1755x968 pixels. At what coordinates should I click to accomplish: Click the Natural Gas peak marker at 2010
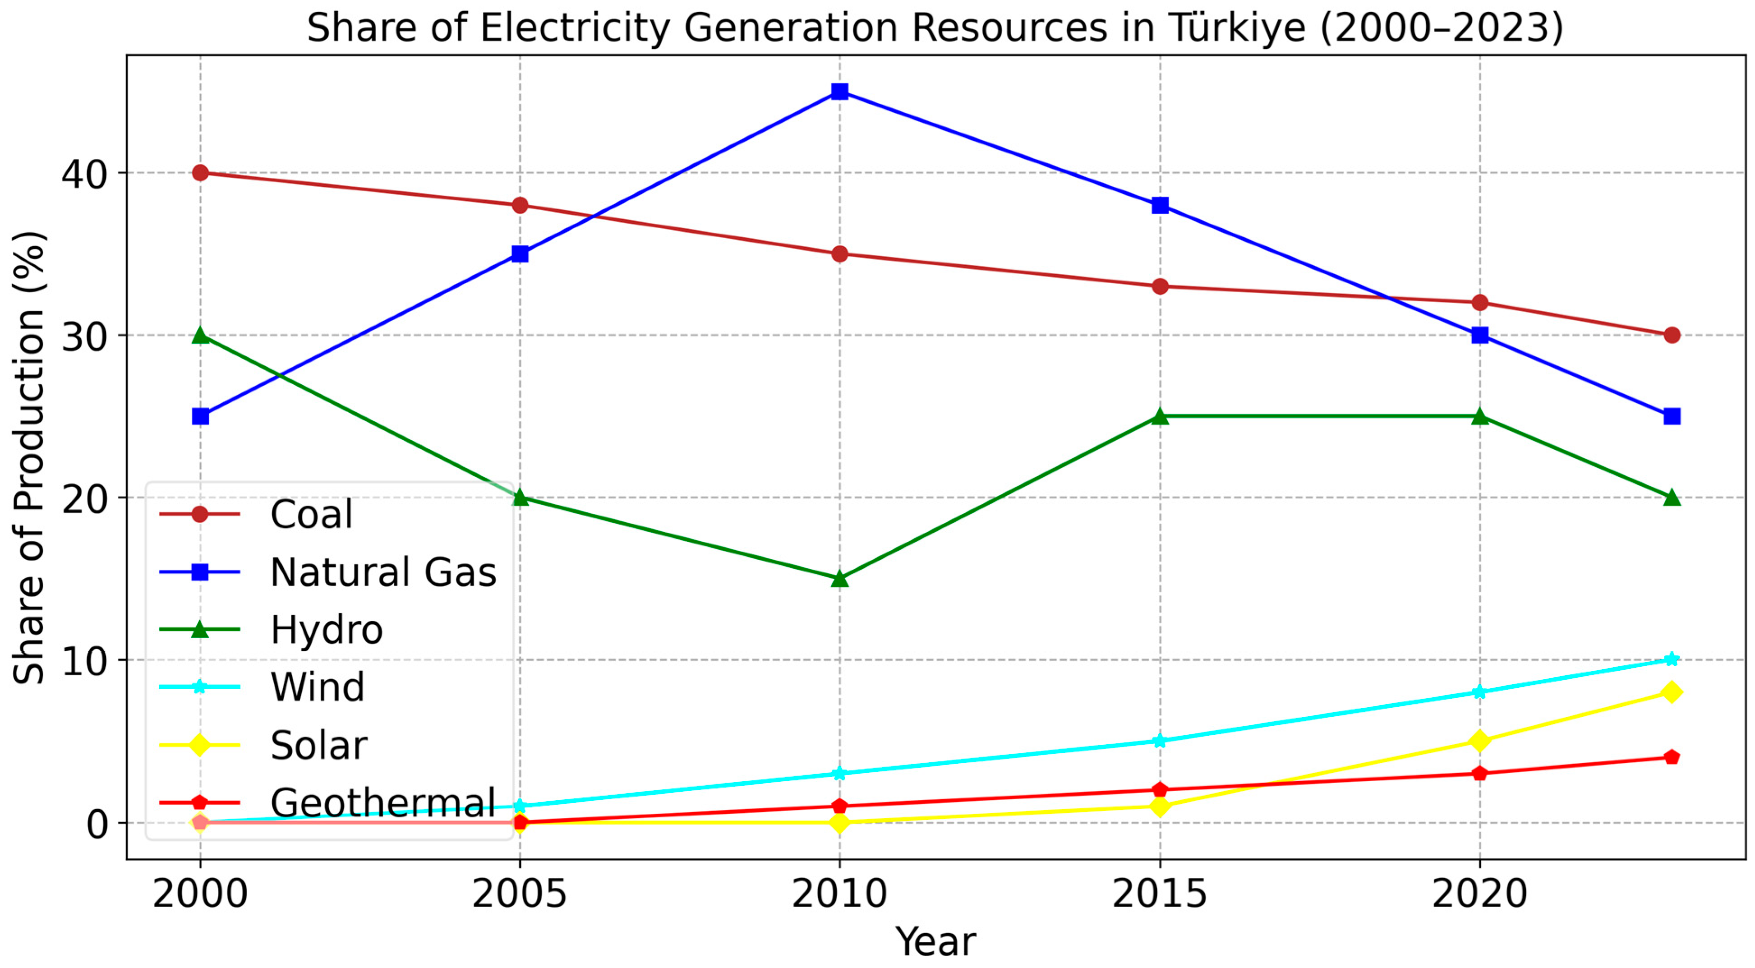coord(839,91)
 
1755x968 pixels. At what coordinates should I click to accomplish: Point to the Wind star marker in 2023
coord(1671,659)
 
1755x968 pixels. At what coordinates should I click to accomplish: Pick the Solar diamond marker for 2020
coord(1479,741)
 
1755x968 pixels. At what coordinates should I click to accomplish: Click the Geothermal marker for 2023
coord(1671,757)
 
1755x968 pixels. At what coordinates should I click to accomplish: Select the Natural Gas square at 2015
coord(1160,205)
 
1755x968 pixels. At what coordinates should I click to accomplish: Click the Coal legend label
coord(311,514)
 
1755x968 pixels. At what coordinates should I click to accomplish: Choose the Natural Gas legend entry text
coord(383,572)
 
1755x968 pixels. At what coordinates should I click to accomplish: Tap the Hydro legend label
coord(327,630)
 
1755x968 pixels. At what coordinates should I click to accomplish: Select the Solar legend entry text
coord(318,745)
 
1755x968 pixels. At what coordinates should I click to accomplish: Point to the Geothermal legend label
coord(383,802)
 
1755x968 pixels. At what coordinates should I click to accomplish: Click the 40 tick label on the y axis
coord(84,175)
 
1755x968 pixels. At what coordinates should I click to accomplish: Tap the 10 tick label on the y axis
coord(84,661)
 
